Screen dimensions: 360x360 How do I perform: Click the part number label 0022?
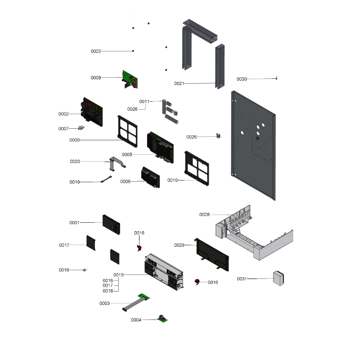click(96, 51)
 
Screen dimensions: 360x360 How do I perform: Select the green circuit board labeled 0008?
click(130, 80)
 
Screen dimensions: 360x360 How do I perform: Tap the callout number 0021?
click(179, 84)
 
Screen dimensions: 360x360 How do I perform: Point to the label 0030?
click(242, 79)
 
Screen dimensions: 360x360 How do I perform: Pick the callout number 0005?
click(126, 155)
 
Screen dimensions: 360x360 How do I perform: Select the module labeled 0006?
click(149, 177)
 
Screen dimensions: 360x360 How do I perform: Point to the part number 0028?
click(204, 215)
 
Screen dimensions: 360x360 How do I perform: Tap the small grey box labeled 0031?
click(279, 278)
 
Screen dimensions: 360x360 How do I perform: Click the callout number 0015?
click(118, 275)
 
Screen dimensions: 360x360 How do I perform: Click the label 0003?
click(104, 303)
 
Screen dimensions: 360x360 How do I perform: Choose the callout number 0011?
click(144, 101)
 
